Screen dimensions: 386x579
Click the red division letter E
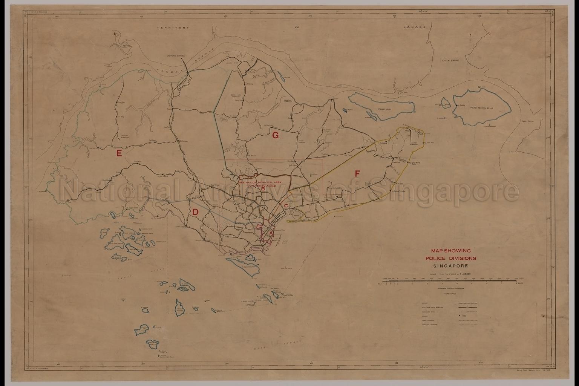pos(119,153)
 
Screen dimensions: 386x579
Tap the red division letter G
pos(275,135)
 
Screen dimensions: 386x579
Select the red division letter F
pos(357,173)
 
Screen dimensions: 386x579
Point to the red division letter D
pos(195,212)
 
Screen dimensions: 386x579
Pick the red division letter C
pos(286,205)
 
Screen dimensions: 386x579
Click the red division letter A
pos(270,233)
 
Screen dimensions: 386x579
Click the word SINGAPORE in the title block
pos(450,265)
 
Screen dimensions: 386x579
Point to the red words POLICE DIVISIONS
pos(450,258)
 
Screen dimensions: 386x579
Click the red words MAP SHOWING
pos(450,250)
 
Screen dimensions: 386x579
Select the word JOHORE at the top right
pos(414,28)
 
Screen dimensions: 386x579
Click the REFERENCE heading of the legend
pos(450,293)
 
